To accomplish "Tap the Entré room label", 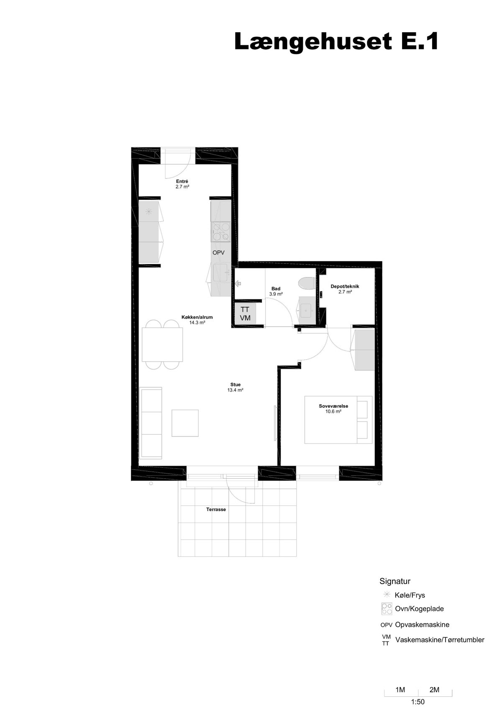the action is pyautogui.click(x=182, y=181).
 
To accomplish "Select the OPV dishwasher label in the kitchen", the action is pyautogui.click(x=218, y=252).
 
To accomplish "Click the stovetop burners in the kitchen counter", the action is pyautogui.click(x=221, y=232).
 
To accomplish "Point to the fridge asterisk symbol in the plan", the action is pyautogui.click(x=149, y=211).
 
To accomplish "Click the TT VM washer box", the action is pyautogui.click(x=245, y=314).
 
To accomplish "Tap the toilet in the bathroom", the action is pyautogui.click(x=307, y=283).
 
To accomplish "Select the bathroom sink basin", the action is pyautogui.click(x=307, y=311).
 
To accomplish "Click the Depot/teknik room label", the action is pyautogui.click(x=345, y=286).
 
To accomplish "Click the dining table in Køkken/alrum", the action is pyautogui.click(x=162, y=345).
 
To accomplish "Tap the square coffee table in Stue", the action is pyautogui.click(x=185, y=423).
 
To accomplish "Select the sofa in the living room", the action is pyautogui.click(x=151, y=423).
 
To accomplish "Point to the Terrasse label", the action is pyautogui.click(x=216, y=510).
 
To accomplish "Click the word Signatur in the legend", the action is pyautogui.click(x=395, y=581).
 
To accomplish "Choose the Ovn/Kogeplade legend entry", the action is pyautogui.click(x=419, y=609).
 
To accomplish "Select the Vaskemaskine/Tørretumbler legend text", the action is pyautogui.click(x=440, y=639).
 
